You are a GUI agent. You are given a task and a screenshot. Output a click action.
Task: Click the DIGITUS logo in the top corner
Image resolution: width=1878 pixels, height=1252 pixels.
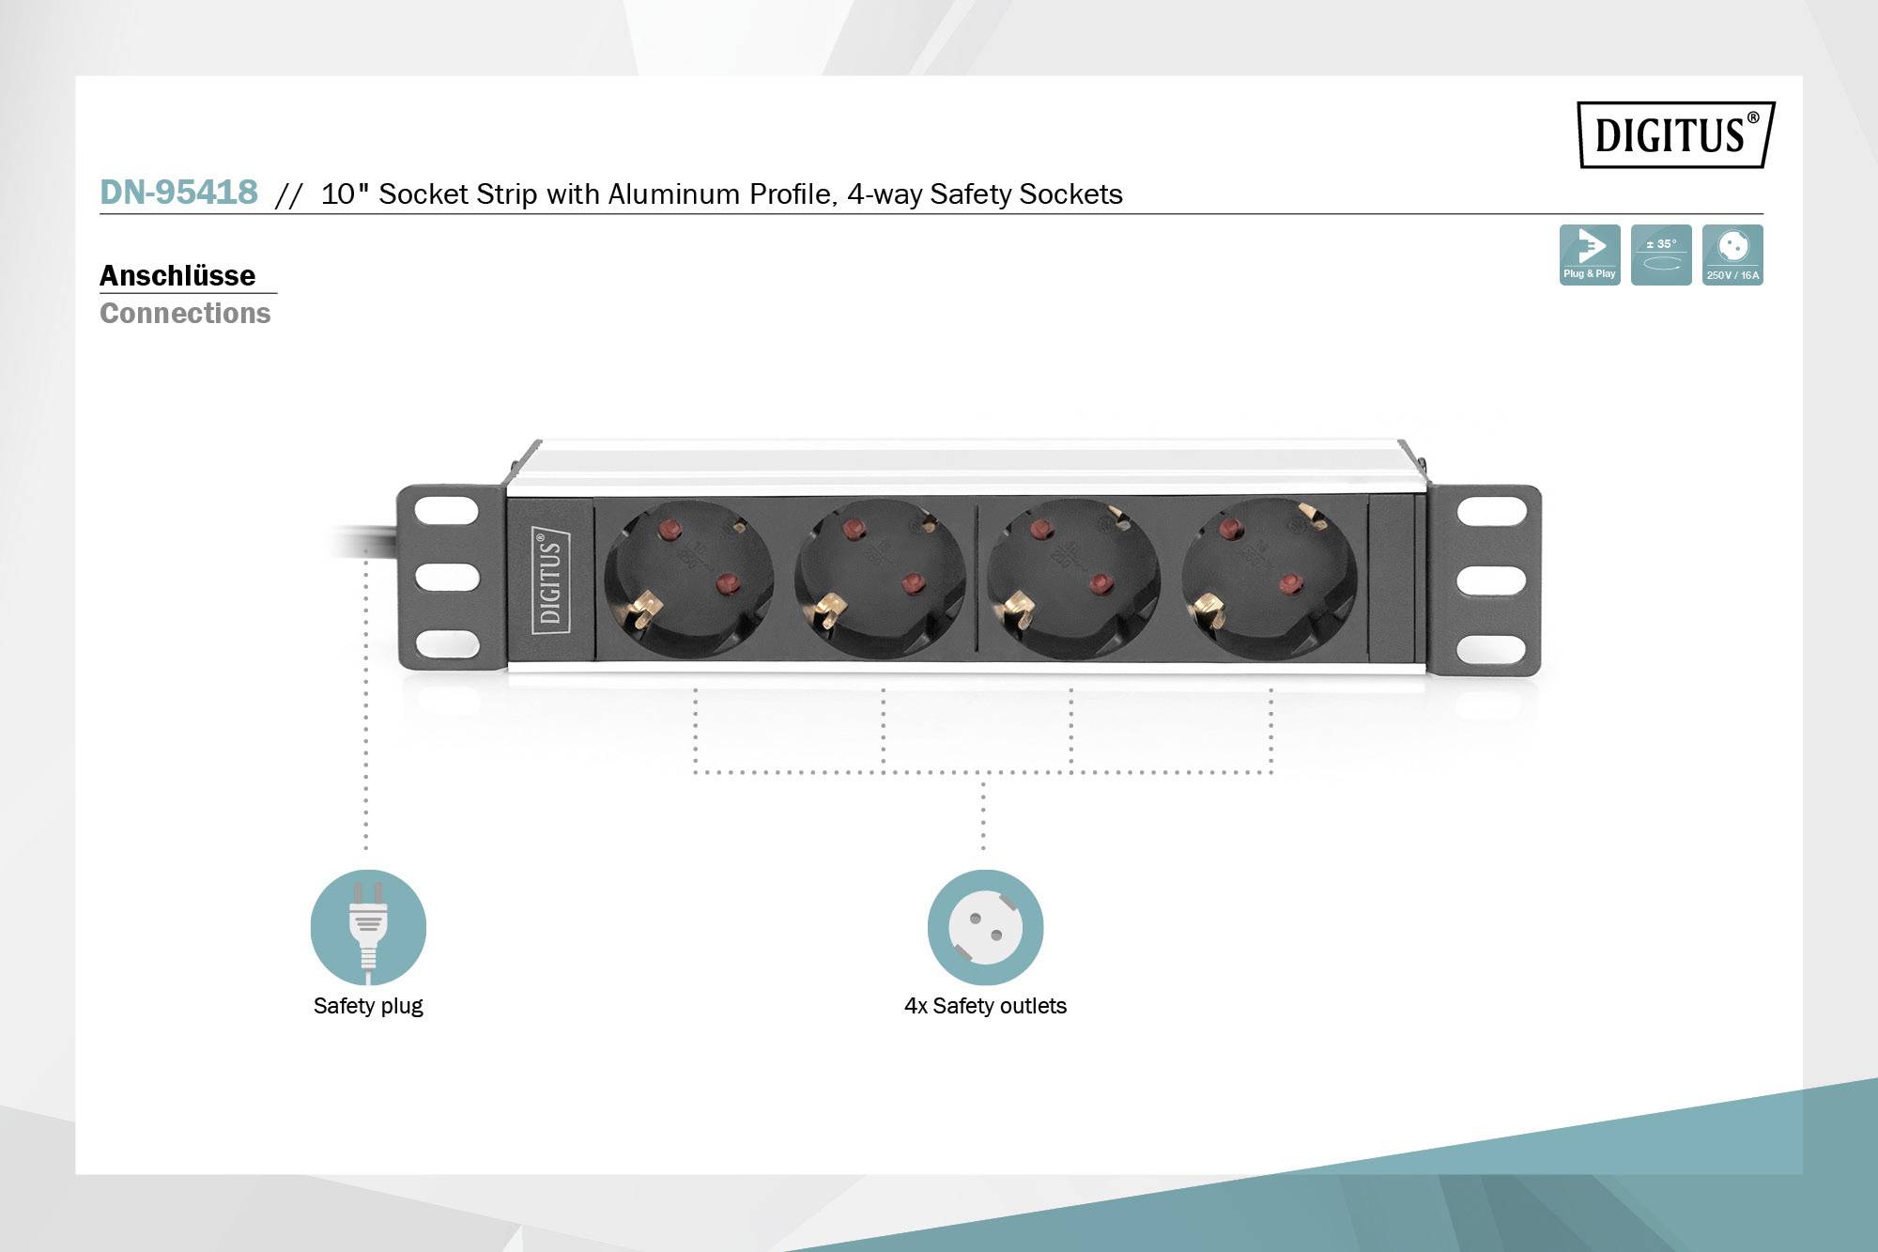point(1675,134)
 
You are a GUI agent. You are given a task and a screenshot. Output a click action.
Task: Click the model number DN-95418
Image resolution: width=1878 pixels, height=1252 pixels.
point(178,192)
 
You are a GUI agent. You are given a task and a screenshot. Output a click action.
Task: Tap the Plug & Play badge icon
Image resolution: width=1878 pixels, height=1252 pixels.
point(1589,255)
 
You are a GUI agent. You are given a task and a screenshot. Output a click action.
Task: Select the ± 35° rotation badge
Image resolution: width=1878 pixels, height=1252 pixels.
point(1660,255)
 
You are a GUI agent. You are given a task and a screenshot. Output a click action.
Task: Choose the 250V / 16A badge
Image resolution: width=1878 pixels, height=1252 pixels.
point(1732,255)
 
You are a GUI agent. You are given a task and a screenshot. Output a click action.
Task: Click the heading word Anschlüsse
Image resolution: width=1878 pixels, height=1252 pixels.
point(177,275)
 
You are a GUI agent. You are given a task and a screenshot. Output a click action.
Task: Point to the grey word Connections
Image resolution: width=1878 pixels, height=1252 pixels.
point(185,313)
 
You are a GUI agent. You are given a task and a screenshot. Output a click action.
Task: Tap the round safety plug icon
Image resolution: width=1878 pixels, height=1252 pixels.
point(368,927)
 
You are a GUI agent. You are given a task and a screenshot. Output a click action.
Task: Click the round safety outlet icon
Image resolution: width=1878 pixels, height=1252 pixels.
point(985,927)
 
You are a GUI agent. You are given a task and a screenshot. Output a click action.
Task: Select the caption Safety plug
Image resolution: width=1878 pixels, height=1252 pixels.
point(368,1006)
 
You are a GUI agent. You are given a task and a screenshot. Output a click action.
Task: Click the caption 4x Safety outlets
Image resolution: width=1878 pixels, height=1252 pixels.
point(985,1006)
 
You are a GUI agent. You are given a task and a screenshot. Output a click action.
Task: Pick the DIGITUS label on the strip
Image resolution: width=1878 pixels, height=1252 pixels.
point(551,580)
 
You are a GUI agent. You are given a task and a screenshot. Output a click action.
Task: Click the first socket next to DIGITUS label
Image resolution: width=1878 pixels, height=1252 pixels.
point(688,579)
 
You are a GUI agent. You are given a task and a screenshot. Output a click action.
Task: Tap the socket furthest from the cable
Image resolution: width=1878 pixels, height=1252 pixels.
point(1269,579)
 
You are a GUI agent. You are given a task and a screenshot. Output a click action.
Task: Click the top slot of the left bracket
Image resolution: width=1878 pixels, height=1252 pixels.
point(447,511)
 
